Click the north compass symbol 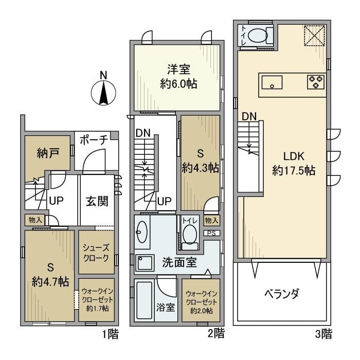tap(103, 93)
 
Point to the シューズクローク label tap(96, 252)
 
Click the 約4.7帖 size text tap(50, 281)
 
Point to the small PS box tap(211, 233)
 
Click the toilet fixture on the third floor tap(257, 36)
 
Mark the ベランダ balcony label tap(281, 295)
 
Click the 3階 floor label tap(323, 334)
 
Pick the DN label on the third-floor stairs tap(249, 116)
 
